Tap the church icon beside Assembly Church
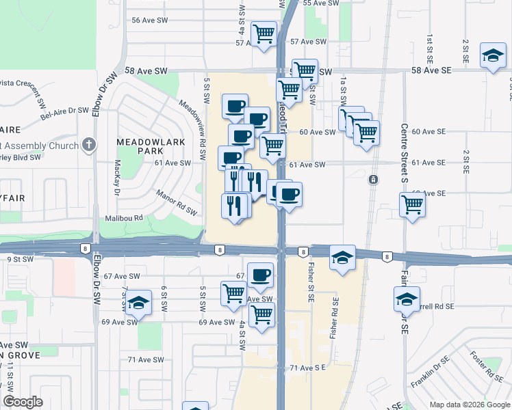point(88,145)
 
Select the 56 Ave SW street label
point(149,20)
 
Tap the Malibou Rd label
point(123,219)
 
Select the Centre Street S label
point(403,154)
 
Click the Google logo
point(23,402)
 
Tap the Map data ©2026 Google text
point(469,405)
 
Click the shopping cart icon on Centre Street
point(413,203)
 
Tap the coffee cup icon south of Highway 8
point(260,275)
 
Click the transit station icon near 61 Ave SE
point(373,180)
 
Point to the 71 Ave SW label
point(146,359)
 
